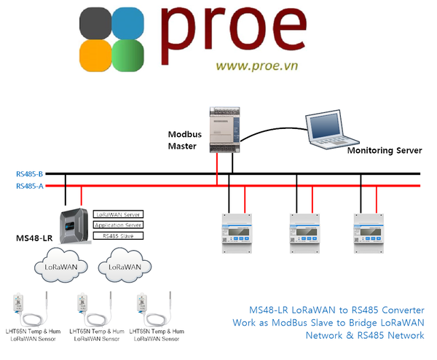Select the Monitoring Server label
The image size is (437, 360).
click(x=384, y=151)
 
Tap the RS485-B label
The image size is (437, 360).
click(x=29, y=174)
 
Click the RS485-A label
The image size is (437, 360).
click(x=29, y=186)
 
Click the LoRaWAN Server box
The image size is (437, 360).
click(x=118, y=214)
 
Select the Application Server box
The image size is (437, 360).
click(x=118, y=225)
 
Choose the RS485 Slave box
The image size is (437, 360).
click(x=118, y=235)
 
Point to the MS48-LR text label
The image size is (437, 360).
click(x=34, y=239)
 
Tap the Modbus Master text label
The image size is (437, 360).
click(x=185, y=140)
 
